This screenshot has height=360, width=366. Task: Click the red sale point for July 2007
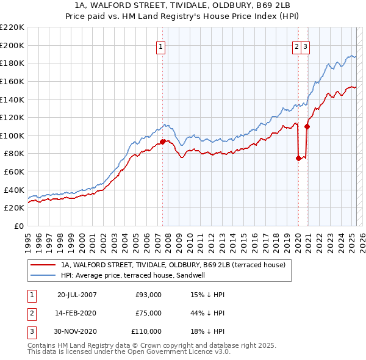[162, 142]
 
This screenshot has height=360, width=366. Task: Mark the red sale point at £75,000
[298, 158]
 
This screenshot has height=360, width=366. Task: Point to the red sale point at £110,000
[307, 126]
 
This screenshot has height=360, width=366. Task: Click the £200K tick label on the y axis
[13, 45]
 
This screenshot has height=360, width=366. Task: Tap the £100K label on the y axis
[13, 135]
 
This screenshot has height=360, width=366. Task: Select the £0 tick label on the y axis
[18, 226]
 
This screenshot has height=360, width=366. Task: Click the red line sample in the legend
[44, 265]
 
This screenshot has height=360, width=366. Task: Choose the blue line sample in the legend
[44, 275]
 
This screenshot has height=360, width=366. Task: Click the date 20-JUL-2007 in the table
[77, 295]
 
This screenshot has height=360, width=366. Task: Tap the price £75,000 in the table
[148, 313]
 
